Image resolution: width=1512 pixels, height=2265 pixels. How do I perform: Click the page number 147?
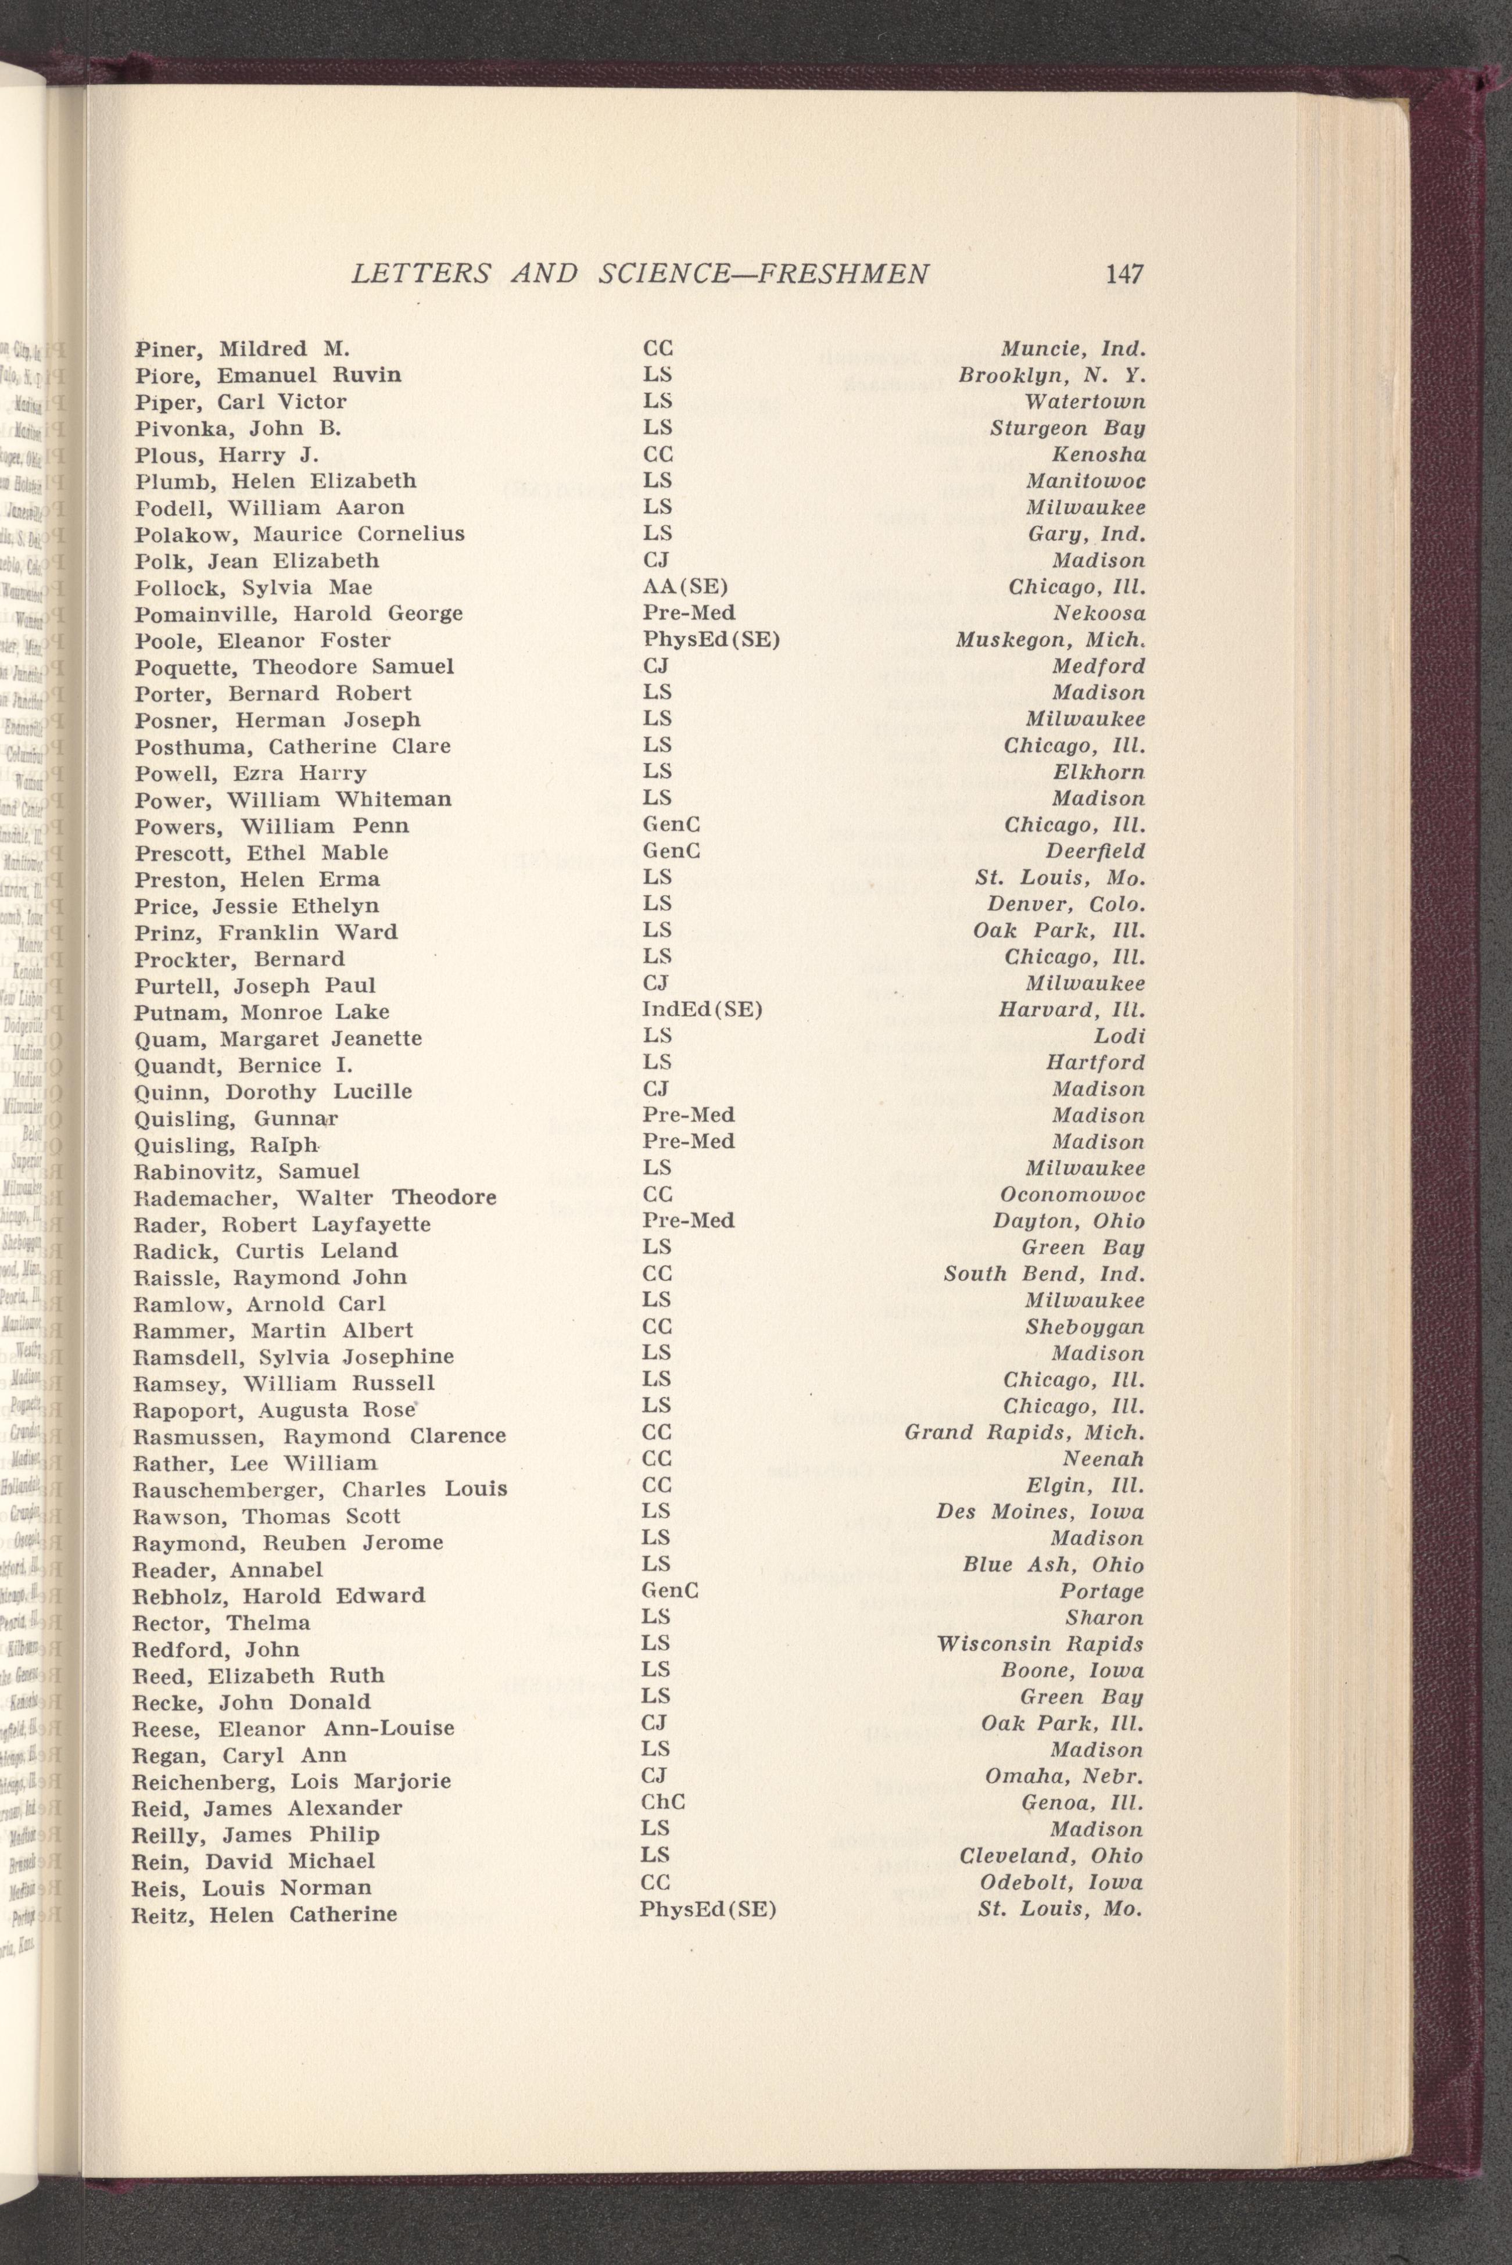click(x=1124, y=275)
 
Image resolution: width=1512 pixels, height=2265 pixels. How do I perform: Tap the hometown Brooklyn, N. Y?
click(x=1051, y=375)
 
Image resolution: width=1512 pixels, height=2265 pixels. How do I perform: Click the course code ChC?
click(x=664, y=1801)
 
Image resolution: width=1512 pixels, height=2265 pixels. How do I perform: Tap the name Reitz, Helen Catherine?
click(x=264, y=1914)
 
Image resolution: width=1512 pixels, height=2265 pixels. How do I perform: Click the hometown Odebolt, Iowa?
click(x=1060, y=1882)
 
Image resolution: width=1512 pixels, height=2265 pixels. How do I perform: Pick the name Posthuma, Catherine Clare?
click(x=293, y=746)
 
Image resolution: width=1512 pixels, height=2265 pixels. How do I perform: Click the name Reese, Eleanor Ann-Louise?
click(x=293, y=1728)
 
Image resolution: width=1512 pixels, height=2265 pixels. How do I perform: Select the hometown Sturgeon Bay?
click(x=1067, y=428)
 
